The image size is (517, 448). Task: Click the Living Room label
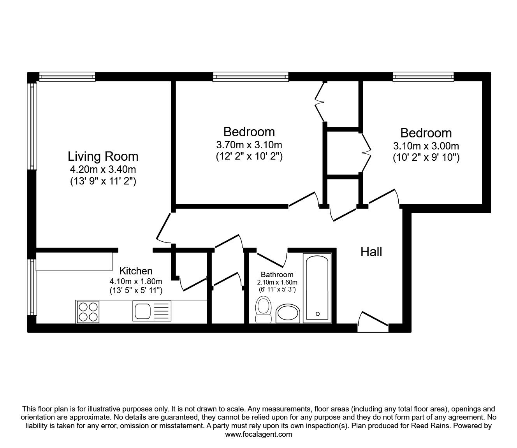[x=103, y=156]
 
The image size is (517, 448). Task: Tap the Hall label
[x=371, y=252]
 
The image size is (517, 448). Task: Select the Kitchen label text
[x=135, y=271]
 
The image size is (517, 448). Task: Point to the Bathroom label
[x=277, y=274]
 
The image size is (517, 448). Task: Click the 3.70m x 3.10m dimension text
[x=249, y=145]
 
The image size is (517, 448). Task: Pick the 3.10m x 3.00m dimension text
[x=426, y=146]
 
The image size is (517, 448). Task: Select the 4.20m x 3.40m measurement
[x=103, y=169]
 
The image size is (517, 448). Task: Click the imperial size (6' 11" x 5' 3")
[x=277, y=289]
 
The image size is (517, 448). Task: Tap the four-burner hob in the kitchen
[x=88, y=311]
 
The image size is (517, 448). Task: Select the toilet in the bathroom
[x=264, y=310]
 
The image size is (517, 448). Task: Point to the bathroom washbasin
[x=288, y=314]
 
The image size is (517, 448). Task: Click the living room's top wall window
[x=67, y=77]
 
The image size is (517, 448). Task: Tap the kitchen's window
[x=32, y=287]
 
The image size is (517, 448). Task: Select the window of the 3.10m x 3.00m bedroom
[x=423, y=77]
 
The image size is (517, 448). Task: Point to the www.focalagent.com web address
[x=258, y=434]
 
